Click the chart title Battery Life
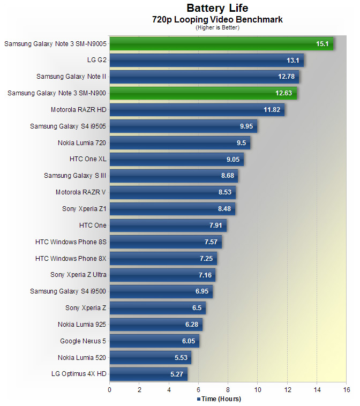217,8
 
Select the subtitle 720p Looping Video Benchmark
217,20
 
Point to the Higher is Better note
217,27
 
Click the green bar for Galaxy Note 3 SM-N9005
221,43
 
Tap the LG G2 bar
207,60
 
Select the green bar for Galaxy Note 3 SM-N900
203,93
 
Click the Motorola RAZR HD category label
78,110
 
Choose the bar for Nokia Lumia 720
180,143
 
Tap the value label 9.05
232,160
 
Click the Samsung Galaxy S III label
75,176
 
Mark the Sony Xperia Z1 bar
172,209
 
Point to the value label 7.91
215,225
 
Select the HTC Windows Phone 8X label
71,259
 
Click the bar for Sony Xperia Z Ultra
162,275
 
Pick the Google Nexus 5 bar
154,341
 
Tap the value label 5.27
176,374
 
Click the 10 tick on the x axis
257,389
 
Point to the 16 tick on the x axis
346,389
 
